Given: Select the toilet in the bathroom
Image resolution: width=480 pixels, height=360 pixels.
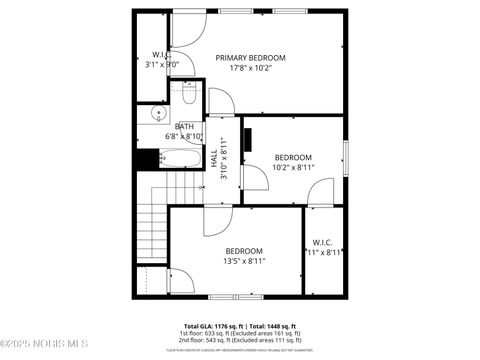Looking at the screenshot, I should (187, 94).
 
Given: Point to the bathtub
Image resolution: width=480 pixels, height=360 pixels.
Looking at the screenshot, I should (183, 157).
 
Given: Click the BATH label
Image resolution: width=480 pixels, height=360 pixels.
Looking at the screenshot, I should (184, 126).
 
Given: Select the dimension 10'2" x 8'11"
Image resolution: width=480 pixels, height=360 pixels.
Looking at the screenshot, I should (293, 168).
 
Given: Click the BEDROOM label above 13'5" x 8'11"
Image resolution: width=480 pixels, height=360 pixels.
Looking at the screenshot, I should (243, 250).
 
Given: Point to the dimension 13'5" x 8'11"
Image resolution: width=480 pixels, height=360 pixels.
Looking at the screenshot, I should (243, 261).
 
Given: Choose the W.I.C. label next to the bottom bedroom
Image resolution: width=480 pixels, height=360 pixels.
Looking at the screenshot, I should (322, 242).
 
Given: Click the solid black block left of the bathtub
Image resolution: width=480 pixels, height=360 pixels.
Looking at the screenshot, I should (147, 158).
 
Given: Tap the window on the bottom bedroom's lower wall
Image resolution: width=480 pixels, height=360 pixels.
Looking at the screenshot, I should (236, 297).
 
